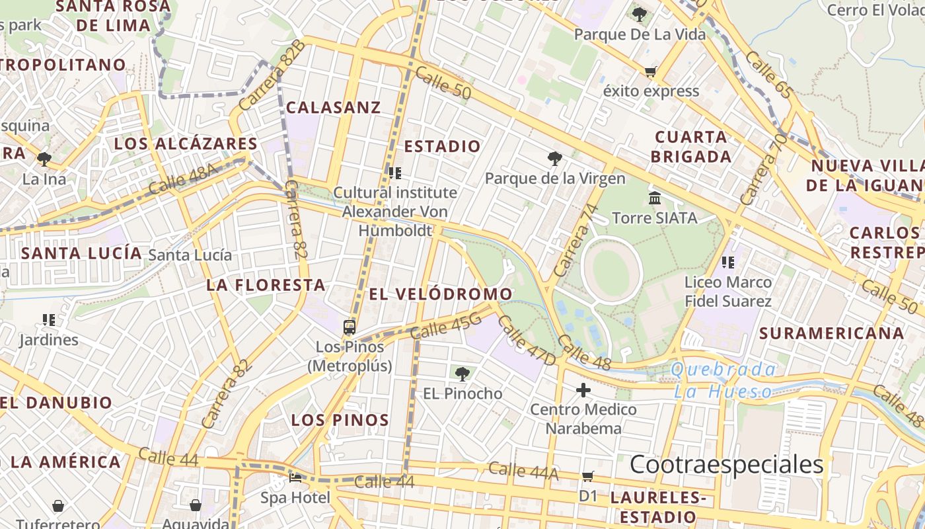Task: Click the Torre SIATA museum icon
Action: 655,198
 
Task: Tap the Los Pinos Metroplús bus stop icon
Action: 350,327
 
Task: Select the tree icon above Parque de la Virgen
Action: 554,159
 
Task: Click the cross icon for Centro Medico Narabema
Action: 583,390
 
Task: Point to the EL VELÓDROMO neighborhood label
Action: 441,294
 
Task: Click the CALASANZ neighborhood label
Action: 334,107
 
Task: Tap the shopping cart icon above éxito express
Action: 651,71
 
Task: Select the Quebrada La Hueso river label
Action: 723,380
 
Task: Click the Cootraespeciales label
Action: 727,465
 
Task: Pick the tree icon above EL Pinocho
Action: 462,374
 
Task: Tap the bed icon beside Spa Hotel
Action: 295,477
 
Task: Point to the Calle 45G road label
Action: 445,327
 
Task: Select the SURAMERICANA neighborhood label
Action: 831,333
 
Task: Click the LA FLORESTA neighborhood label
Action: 266,285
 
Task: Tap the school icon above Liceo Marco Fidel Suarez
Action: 728,263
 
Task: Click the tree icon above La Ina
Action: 44,159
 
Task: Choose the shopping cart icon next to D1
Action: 588,476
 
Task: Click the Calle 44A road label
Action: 523,471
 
